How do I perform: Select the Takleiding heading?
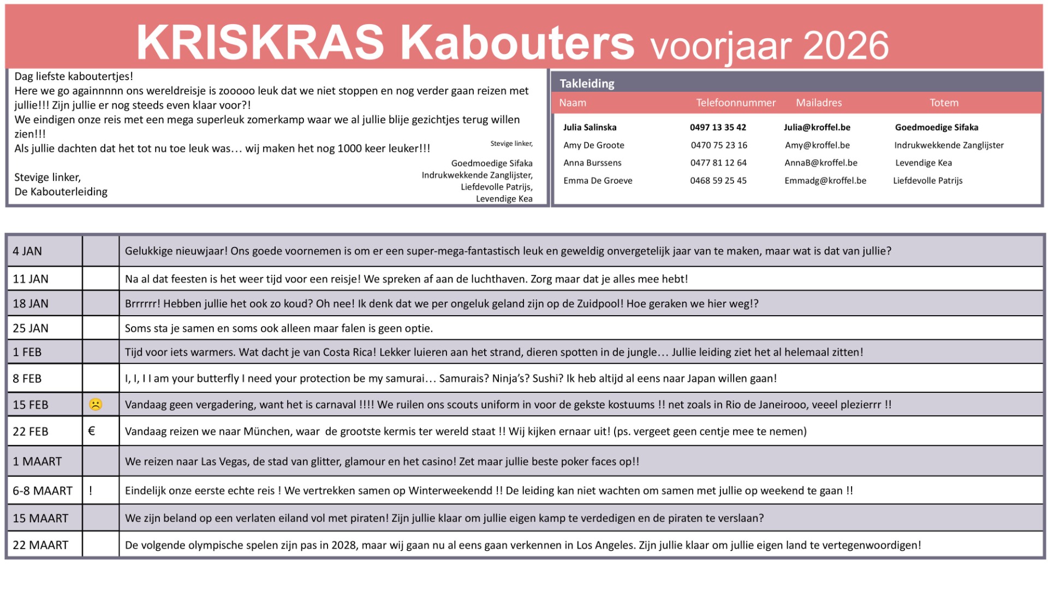587,84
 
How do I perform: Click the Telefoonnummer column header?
735,103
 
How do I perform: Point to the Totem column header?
944,103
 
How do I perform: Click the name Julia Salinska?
589,127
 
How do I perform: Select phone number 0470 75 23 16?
719,145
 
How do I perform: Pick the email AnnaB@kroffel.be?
820,163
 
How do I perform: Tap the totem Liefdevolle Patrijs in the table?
927,181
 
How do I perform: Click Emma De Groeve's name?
598,181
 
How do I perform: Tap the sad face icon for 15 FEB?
96,405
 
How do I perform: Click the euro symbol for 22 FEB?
92,431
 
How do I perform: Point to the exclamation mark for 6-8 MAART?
91,491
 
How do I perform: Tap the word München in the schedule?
267,432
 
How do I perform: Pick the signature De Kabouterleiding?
61,192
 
